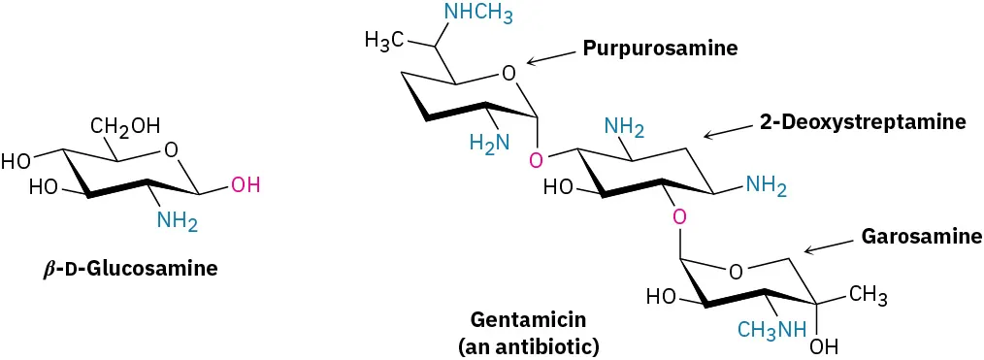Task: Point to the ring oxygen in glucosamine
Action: (x=172, y=149)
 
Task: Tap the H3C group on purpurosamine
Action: (x=384, y=40)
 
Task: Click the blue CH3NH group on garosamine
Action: (x=771, y=330)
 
